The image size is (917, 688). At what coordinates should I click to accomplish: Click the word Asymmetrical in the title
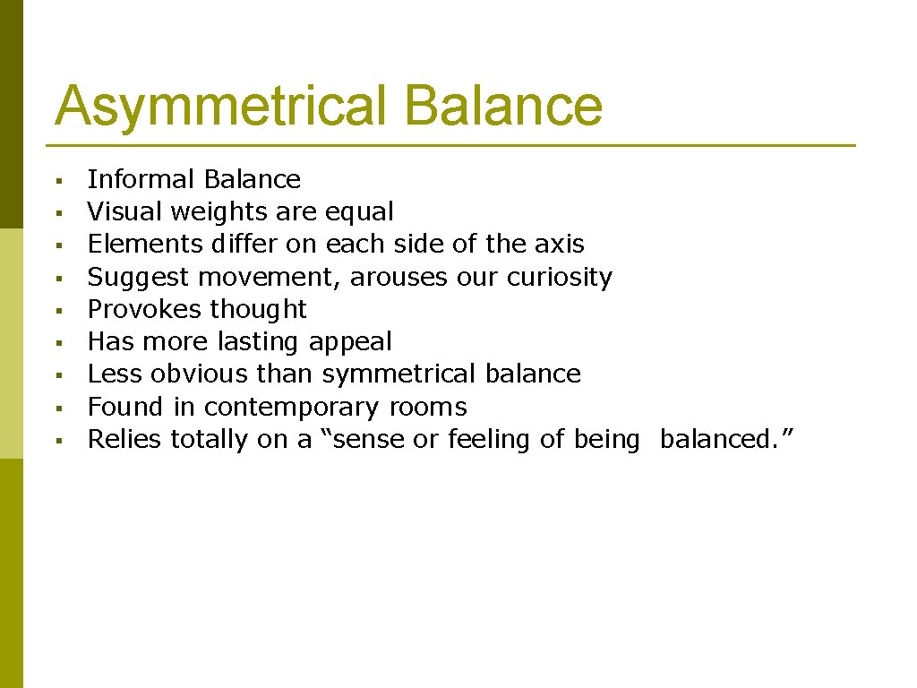(x=222, y=107)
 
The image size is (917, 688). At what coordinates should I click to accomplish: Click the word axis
(x=562, y=244)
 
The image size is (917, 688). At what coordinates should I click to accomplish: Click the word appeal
(x=350, y=342)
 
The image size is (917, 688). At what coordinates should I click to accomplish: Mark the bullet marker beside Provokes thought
(x=56, y=311)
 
